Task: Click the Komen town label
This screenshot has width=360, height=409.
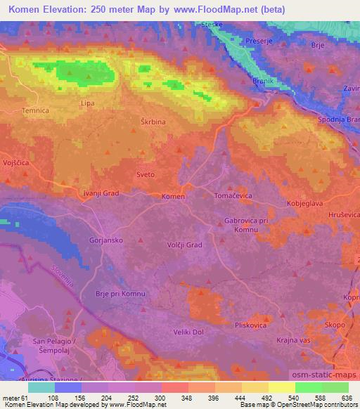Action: click(173, 196)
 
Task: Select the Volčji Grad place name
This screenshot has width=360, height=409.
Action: click(185, 245)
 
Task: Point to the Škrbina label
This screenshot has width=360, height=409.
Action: click(153, 122)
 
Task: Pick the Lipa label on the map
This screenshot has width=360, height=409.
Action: click(88, 103)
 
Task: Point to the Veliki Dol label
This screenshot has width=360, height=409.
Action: click(186, 332)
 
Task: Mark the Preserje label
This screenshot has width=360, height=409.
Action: click(258, 41)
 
